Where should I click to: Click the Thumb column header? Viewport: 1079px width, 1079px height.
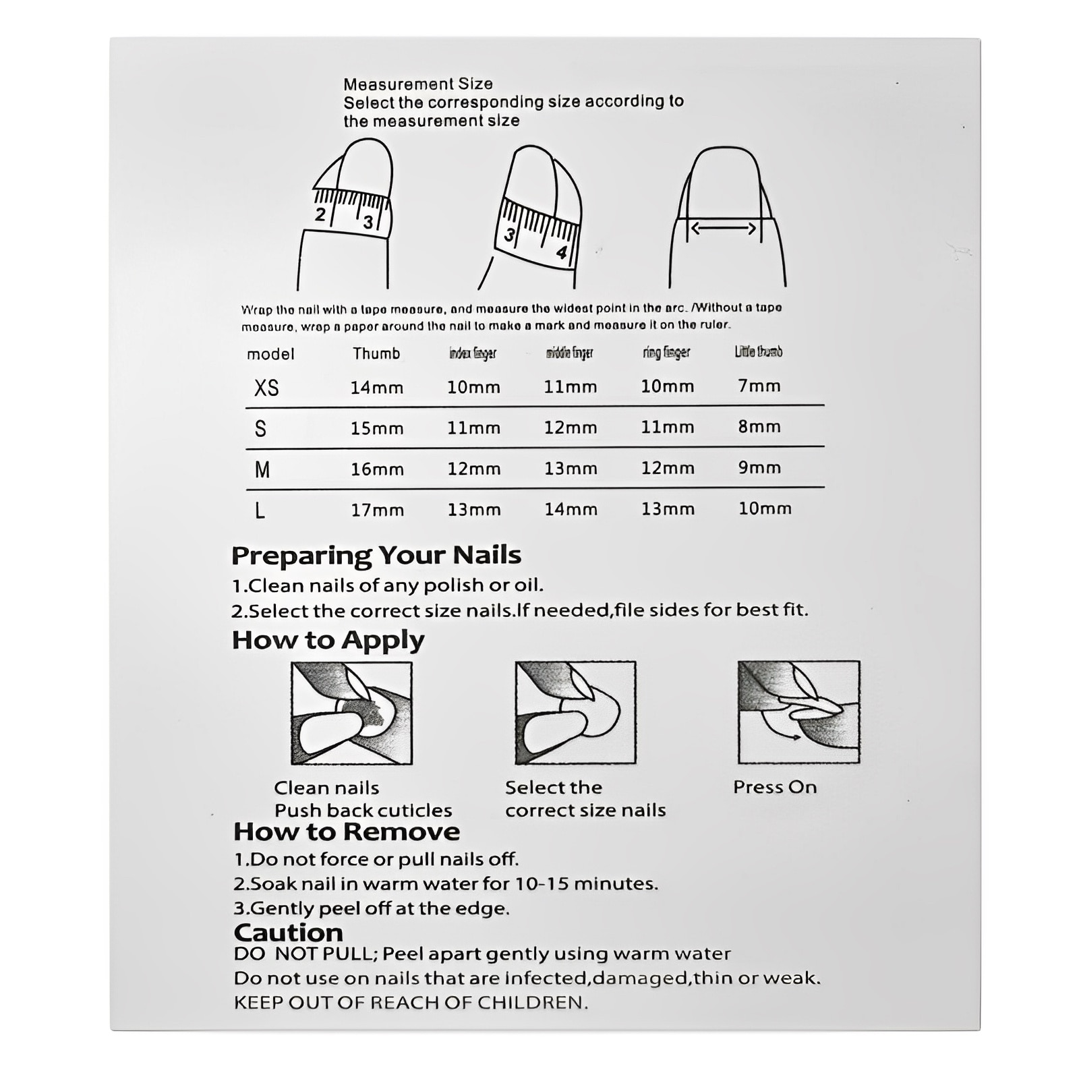pyautogui.click(x=376, y=353)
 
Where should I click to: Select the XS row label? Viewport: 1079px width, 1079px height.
pyautogui.click(x=266, y=388)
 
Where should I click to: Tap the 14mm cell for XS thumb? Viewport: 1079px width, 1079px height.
pyautogui.click(x=376, y=388)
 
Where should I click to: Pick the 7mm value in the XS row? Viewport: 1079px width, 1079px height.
pyautogui.click(x=759, y=386)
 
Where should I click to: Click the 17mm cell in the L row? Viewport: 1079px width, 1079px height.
pyautogui.click(x=377, y=510)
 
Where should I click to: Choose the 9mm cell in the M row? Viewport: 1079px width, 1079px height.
pyautogui.click(x=759, y=467)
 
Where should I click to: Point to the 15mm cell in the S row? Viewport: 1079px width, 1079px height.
pyautogui.click(x=376, y=428)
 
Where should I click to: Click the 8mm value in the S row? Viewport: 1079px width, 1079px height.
pyautogui.click(x=759, y=426)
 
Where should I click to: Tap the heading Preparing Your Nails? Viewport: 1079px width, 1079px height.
pyautogui.click(x=376, y=555)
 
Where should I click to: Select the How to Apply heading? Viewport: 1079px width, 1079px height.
pyautogui.click(x=328, y=640)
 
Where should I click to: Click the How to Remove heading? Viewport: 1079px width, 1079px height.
pyautogui.click(x=346, y=832)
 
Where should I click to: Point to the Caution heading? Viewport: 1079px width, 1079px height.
pyautogui.click(x=288, y=933)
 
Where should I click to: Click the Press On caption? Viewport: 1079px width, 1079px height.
pyautogui.click(x=774, y=787)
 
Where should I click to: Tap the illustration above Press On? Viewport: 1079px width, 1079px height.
pyautogui.click(x=798, y=712)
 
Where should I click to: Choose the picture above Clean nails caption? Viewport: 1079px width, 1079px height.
pyautogui.click(x=351, y=713)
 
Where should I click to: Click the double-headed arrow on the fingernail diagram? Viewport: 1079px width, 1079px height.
pyautogui.click(x=724, y=229)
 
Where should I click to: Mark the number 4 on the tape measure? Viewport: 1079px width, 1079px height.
pyautogui.click(x=561, y=252)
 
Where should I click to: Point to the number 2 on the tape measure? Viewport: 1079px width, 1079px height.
pyautogui.click(x=320, y=214)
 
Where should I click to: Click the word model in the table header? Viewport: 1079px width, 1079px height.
pyautogui.click(x=270, y=354)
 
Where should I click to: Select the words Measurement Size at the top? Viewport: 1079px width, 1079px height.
pyautogui.click(x=417, y=84)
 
